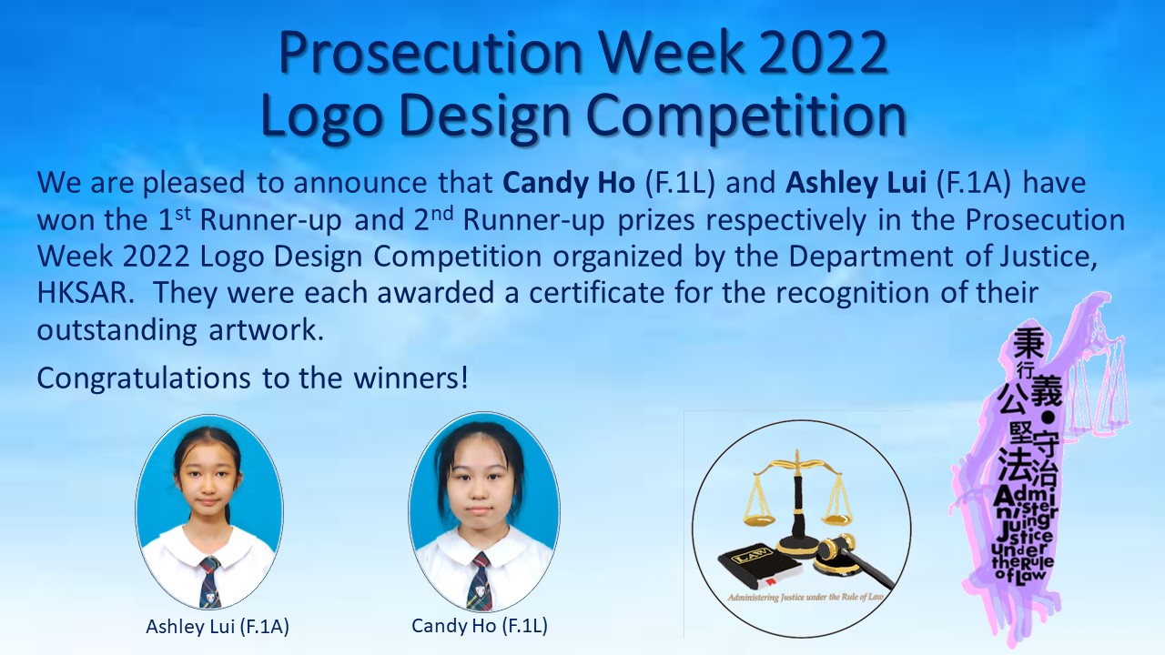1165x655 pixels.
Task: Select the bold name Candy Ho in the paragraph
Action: coord(569,183)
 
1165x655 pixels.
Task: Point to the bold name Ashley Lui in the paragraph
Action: coord(856,184)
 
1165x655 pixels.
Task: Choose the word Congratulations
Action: coord(144,379)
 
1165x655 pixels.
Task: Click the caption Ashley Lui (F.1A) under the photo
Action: coord(218,627)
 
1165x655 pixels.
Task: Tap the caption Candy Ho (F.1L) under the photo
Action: coord(480,625)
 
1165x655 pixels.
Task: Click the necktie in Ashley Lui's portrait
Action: coord(209,581)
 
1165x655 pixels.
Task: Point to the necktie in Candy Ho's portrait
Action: coord(480,582)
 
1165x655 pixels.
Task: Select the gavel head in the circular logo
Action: coord(836,547)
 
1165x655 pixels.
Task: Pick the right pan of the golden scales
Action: coord(837,518)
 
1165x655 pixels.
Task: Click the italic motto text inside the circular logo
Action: coord(805,598)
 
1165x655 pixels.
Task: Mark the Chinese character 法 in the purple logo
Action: coord(1014,466)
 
